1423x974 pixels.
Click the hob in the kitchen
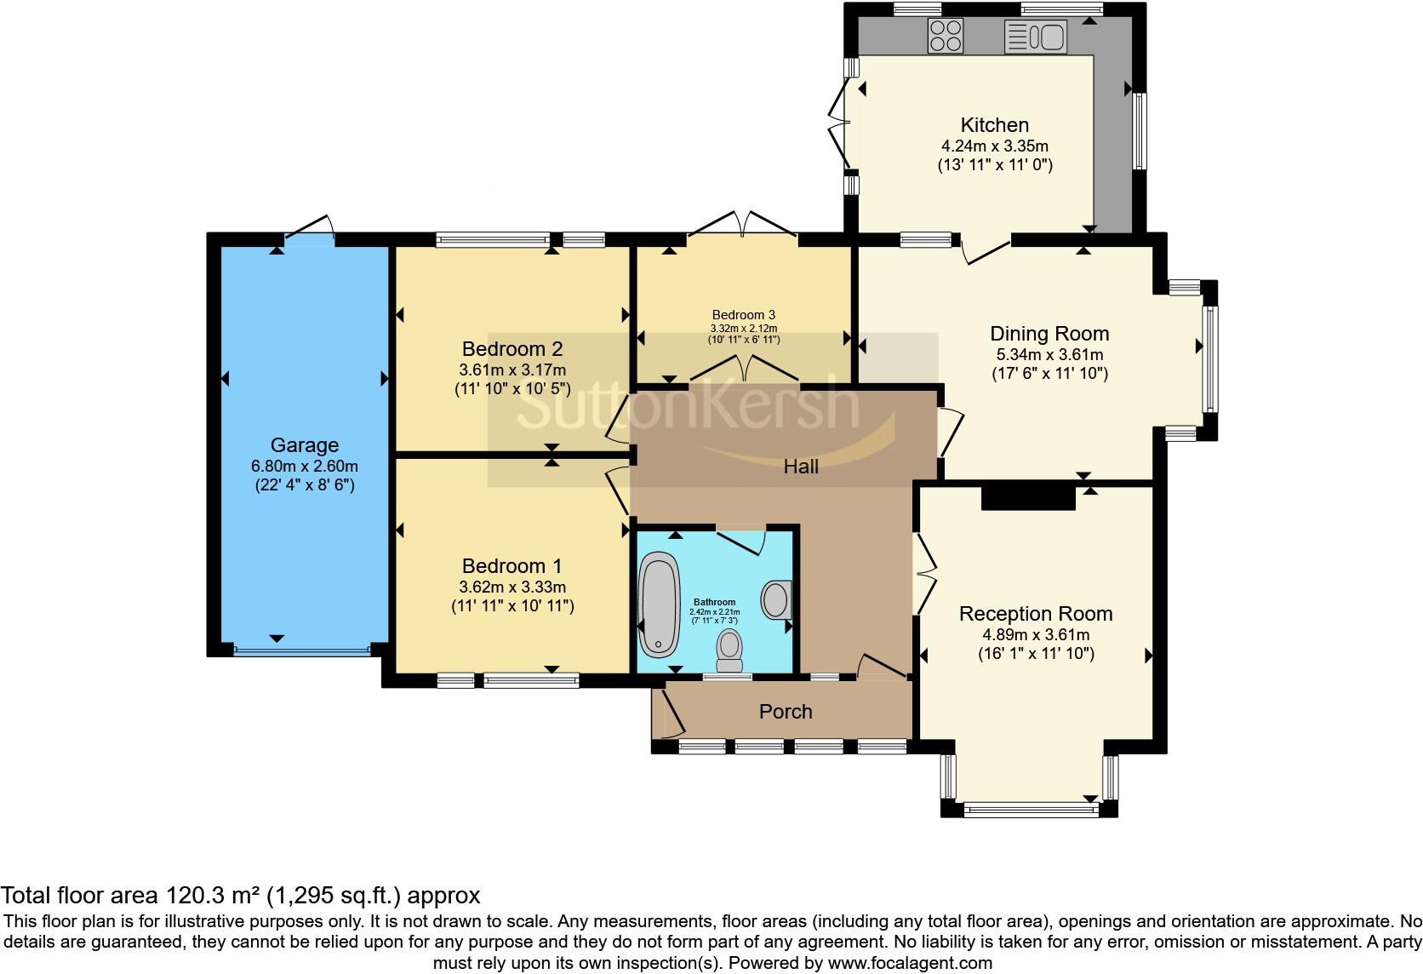[946, 36]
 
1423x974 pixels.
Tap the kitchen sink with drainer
[1036, 37]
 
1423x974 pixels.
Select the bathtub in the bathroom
[660, 604]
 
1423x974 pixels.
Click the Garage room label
[305, 444]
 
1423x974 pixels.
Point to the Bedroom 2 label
[512, 349]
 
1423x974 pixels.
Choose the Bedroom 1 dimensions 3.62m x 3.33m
[512, 587]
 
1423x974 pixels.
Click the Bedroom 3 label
[743, 314]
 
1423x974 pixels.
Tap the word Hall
[800, 467]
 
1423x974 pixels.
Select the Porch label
[786, 711]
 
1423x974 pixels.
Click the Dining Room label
[1049, 334]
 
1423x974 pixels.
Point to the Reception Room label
[1036, 614]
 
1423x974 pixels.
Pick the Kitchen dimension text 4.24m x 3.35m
[995, 146]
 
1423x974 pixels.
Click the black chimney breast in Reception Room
[1028, 496]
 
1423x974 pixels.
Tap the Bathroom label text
[714, 602]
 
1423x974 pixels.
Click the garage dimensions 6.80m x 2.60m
[305, 466]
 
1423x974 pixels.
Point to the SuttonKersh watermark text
[688, 401]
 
